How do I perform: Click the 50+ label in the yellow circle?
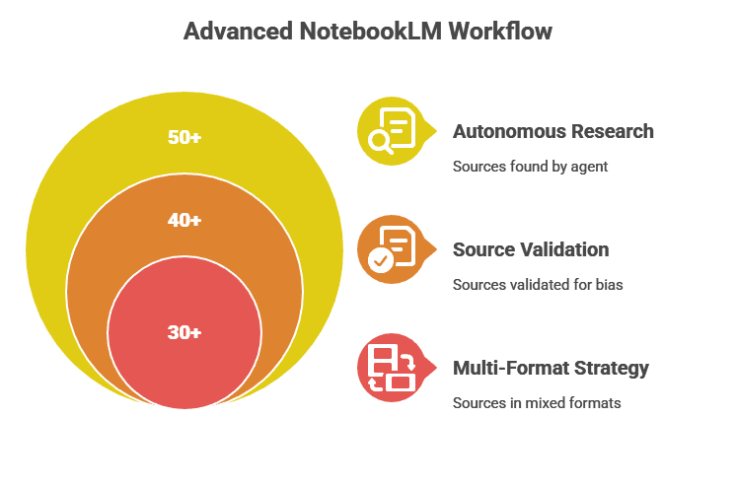(184, 138)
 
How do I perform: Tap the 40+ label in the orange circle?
(184, 221)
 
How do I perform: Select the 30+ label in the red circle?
(184, 333)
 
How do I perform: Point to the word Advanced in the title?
(237, 32)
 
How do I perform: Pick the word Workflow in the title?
(499, 32)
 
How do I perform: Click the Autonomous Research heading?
(552, 131)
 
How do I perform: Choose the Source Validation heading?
(531, 249)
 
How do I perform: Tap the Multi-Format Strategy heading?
(551, 368)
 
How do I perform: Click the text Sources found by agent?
(530, 167)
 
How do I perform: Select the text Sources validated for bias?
(538, 285)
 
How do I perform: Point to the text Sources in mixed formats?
(537, 403)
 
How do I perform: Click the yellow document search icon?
(391, 131)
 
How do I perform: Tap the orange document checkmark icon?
(391, 249)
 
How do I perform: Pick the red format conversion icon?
(391, 368)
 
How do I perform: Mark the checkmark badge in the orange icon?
(379, 260)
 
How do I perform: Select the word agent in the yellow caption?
(592, 167)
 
